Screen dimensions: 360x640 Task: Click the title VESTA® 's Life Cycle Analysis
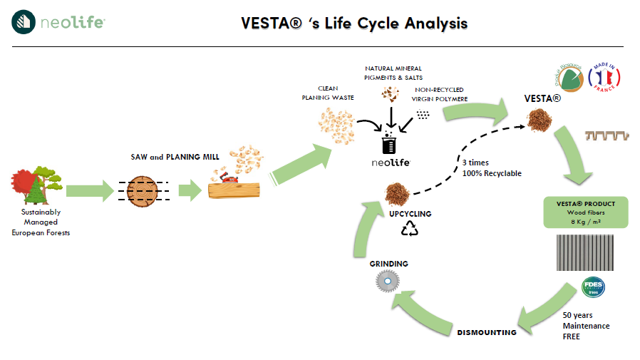tap(354, 23)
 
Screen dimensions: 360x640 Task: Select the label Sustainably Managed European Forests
tap(41, 222)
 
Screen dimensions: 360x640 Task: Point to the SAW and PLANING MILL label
tap(175, 157)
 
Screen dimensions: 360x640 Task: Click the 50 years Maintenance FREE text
tap(586, 325)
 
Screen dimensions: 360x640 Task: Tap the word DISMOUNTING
tap(486, 332)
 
